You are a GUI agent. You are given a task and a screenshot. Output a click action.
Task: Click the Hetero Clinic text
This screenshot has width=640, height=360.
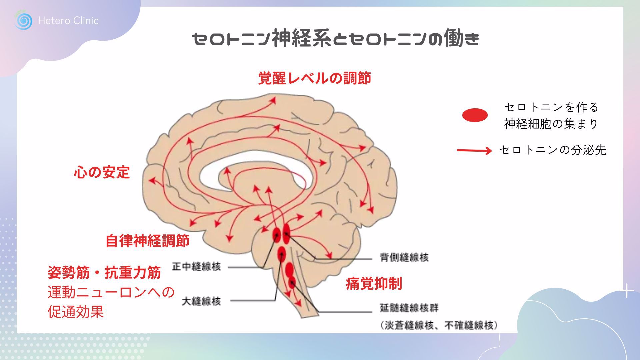[x=68, y=21]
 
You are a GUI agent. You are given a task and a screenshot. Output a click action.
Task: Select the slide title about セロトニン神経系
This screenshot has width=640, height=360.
[x=336, y=39]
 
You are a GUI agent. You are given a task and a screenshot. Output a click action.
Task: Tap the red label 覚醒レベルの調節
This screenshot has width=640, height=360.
[x=315, y=78]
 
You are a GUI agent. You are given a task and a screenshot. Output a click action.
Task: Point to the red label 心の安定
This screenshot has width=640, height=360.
[x=102, y=172]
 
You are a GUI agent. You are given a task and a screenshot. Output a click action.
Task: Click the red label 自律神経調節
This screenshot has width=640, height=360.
[x=147, y=241]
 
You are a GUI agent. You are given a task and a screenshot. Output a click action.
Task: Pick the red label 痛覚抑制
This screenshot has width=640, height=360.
[x=374, y=283]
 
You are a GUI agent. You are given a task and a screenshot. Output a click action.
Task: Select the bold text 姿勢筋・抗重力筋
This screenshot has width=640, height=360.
[x=104, y=273]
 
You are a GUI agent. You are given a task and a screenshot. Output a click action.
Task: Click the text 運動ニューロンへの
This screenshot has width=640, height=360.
[x=111, y=292]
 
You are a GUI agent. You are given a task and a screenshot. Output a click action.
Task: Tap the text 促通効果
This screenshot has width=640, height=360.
[x=76, y=312]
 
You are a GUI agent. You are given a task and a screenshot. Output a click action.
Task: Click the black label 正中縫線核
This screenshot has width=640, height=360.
[x=196, y=267]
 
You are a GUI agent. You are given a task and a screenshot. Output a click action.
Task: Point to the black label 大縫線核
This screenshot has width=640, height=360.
[x=201, y=301]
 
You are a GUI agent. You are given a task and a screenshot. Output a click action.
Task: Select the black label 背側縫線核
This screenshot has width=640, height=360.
[x=404, y=257]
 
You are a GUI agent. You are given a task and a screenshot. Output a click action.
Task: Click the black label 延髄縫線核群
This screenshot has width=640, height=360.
[x=409, y=308]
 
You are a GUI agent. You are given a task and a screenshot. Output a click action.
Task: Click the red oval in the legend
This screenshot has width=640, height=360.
[x=475, y=115]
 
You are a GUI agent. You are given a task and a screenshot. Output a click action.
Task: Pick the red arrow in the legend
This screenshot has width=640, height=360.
[x=474, y=151]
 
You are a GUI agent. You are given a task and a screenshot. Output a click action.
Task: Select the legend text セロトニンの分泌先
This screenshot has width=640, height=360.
[x=553, y=150]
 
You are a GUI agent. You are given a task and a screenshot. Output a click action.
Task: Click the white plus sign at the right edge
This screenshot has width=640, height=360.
[x=627, y=291]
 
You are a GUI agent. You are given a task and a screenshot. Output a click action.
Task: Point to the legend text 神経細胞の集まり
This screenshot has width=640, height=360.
[x=551, y=124]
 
